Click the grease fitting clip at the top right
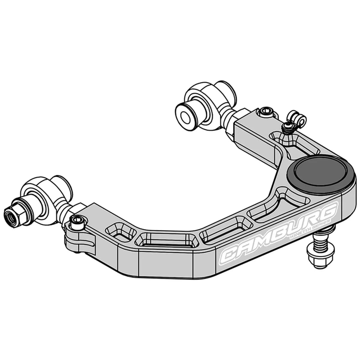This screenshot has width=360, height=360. coord(297,118)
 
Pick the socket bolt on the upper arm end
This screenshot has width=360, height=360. coord(266,112)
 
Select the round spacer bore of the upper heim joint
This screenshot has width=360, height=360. coord(184,114)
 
